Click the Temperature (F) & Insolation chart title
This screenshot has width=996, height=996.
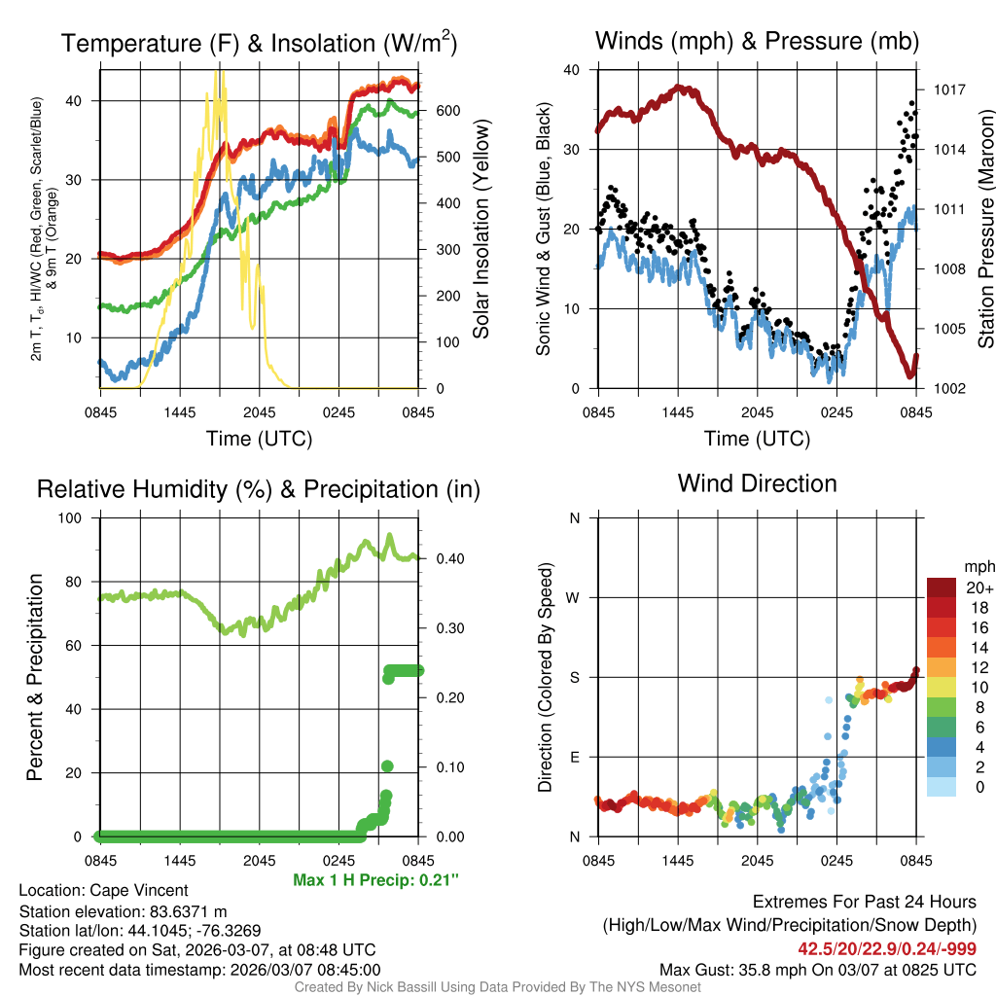pos(260,43)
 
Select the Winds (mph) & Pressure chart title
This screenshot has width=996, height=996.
pos(757,41)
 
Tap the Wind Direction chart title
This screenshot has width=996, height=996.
pos(757,483)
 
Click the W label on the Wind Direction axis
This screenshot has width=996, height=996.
pos(574,597)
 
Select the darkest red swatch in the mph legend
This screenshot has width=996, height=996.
pos(942,587)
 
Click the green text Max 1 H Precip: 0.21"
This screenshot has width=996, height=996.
pos(375,880)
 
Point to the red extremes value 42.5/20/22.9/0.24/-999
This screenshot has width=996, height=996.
pos(887,948)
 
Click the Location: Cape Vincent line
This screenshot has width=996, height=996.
pos(103,890)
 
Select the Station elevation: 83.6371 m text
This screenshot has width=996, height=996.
pos(123,911)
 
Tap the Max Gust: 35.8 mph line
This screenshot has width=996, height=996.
pos(818,969)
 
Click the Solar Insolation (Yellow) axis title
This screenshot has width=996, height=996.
pos(481,230)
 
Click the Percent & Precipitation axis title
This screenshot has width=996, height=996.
pos(34,677)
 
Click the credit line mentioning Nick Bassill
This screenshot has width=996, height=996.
pos(497,987)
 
